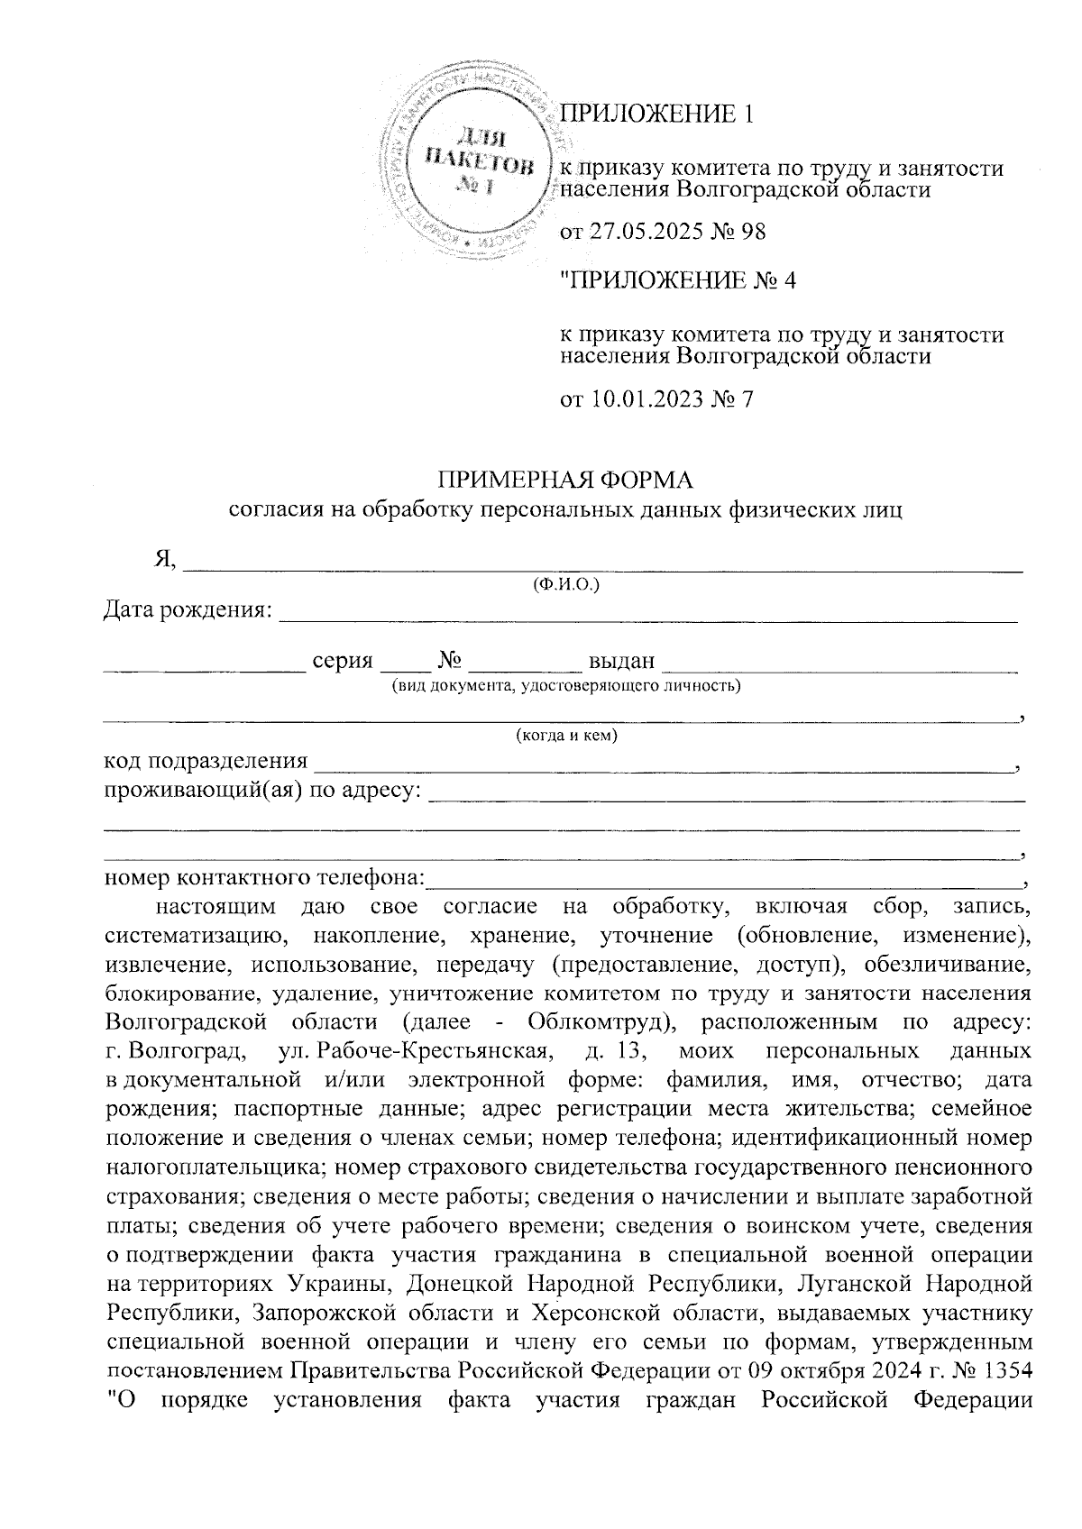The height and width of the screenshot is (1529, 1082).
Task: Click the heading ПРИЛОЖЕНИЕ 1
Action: (x=656, y=114)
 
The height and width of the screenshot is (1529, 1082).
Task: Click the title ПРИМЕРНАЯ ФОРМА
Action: (x=565, y=478)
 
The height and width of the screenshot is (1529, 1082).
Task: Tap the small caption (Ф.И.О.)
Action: (x=566, y=584)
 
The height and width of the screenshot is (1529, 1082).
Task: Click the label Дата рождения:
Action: (x=188, y=610)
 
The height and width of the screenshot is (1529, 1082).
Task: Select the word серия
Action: (x=342, y=661)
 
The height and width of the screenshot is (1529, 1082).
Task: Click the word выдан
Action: (x=621, y=661)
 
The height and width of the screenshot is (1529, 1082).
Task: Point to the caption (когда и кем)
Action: (x=566, y=737)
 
